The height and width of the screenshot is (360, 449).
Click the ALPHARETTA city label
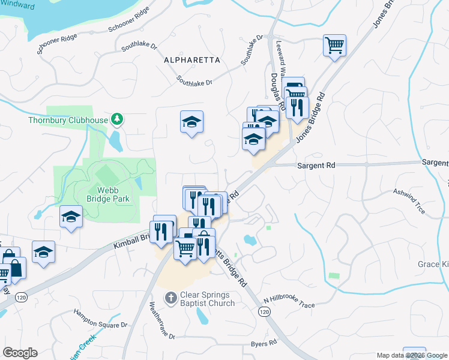pyautogui.click(x=192, y=61)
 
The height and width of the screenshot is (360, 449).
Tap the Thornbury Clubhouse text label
pyautogui.click(x=68, y=119)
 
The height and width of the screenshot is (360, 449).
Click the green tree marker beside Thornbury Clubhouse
pyautogui.click(x=118, y=119)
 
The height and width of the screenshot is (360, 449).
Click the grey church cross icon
pyautogui.click(x=171, y=298)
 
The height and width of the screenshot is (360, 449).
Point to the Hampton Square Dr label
pyautogui.click(x=101, y=318)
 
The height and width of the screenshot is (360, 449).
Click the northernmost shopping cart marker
pyautogui.click(x=334, y=45)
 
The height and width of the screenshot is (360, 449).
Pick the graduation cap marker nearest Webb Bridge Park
pyautogui.click(x=71, y=217)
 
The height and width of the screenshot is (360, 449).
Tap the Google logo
pyautogui.click(x=20, y=353)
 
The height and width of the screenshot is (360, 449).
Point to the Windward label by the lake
pyautogui.click(x=17, y=5)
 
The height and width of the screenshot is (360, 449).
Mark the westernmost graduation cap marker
pyautogui.click(x=43, y=253)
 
